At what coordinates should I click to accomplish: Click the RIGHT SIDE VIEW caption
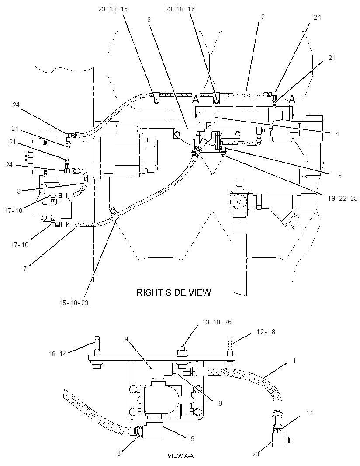(173, 292)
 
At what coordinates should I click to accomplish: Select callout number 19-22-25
(343, 198)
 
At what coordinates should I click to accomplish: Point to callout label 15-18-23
(73, 303)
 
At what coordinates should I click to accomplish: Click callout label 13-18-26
(217, 322)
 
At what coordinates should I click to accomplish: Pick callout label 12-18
(266, 331)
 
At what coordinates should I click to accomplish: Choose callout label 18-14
(58, 354)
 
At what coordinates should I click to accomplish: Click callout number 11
(309, 414)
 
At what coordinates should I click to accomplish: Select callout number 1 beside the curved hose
(294, 361)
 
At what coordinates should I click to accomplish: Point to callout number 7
(25, 269)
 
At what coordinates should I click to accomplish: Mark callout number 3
(19, 191)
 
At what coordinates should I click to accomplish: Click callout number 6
(149, 20)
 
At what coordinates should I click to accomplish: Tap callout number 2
(263, 17)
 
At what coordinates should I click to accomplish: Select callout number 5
(340, 176)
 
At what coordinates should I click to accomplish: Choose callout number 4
(337, 134)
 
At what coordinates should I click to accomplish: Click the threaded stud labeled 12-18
(230, 346)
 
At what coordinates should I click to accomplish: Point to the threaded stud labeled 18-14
(97, 346)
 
